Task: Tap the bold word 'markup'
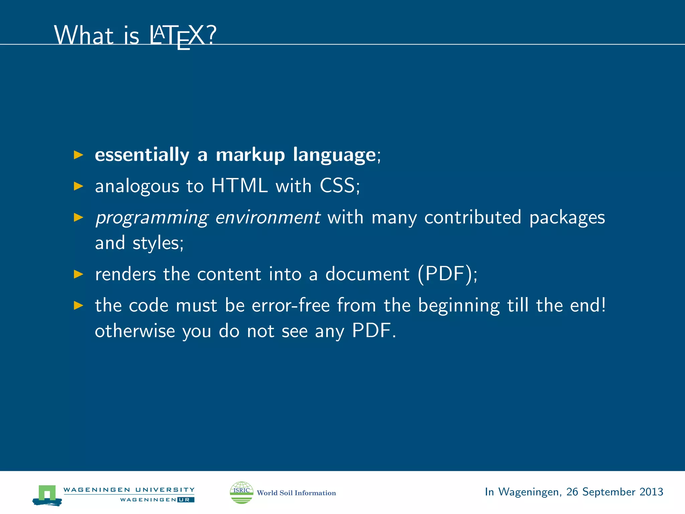click(x=250, y=155)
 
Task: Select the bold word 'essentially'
click(x=142, y=155)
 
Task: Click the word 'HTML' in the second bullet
click(x=239, y=186)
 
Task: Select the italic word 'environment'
click(x=268, y=217)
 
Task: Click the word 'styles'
click(x=156, y=243)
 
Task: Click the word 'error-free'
click(x=291, y=306)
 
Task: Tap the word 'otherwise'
click(x=135, y=331)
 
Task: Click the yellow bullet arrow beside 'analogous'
click(x=79, y=186)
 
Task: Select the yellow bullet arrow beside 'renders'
click(x=79, y=274)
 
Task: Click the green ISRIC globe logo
click(x=241, y=492)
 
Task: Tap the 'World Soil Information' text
click(x=296, y=493)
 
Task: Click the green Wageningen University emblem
click(x=47, y=495)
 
